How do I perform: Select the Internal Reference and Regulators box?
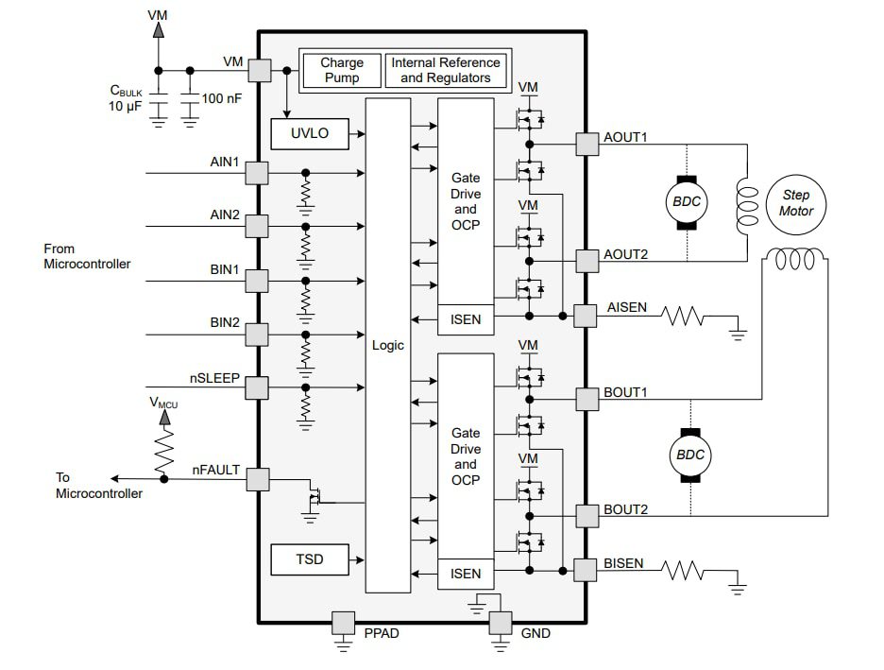(x=446, y=71)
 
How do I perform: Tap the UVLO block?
(x=310, y=133)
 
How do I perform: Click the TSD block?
(x=310, y=559)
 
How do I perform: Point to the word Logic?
(x=387, y=345)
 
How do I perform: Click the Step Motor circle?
(x=795, y=203)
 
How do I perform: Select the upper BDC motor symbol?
(x=687, y=202)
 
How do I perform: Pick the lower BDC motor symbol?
(x=689, y=455)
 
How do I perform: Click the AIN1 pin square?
(x=257, y=173)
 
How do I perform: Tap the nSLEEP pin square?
(x=257, y=386)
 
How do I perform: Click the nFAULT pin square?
(x=257, y=479)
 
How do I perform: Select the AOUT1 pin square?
(x=587, y=144)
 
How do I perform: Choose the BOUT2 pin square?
(x=587, y=516)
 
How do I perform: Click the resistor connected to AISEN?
(x=684, y=316)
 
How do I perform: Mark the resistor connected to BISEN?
(x=684, y=571)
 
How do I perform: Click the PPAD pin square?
(x=342, y=622)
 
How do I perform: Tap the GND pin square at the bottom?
(x=500, y=622)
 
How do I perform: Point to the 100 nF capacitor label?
(x=222, y=97)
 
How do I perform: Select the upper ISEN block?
(x=466, y=319)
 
